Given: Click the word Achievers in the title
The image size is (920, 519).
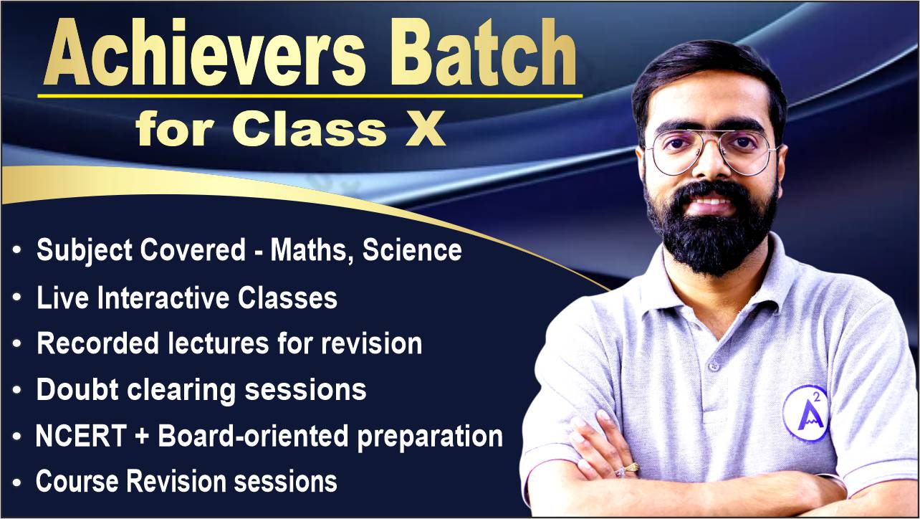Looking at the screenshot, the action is coord(204,52).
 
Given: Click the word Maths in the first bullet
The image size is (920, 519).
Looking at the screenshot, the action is coord(311,250).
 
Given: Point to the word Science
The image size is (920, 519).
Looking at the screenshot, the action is coord(412,250).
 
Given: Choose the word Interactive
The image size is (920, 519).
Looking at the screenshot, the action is coord(163,297).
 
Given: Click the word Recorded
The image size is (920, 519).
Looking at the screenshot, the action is coord(97,343).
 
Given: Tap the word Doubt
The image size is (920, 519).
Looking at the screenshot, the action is coord(77,389).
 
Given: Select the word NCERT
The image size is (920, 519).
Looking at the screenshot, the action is coord(81,436).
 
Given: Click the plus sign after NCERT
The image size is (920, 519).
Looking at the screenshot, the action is coord(142,436).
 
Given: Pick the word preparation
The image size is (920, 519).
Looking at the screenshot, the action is coord(430,437).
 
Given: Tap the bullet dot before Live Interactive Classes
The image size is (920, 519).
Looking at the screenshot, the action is coord(17,297).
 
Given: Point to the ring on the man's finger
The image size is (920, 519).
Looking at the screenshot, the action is coord(628,468).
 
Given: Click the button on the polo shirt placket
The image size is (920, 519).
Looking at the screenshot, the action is coord(714,365).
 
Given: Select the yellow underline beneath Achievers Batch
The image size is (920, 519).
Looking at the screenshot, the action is coord(310,96).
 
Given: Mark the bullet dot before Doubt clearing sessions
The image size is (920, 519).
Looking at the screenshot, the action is coord(17,389).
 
